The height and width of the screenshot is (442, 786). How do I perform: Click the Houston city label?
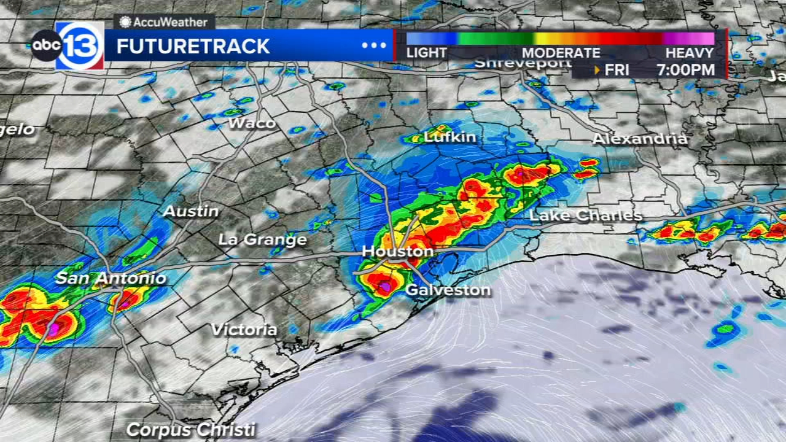tap(397, 252)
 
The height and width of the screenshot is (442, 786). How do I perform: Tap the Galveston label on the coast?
tap(448, 290)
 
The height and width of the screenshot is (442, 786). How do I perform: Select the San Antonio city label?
tap(111, 278)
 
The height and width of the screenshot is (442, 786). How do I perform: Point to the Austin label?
tap(191, 211)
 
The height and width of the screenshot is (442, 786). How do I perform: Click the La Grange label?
tap(262, 239)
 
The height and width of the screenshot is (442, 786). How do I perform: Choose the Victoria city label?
tap(244, 330)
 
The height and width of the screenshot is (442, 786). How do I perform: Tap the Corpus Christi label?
tap(191, 429)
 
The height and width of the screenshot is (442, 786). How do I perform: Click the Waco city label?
tap(252, 123)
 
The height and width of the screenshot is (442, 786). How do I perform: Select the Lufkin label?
tap(450, 137)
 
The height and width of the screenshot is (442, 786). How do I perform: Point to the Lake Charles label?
tap(585, 215)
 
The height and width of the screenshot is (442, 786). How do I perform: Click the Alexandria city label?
tap(639, 139)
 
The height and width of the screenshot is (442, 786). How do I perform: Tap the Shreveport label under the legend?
tap(523, 63)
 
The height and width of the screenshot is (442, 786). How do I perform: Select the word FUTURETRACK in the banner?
tap(193, 47)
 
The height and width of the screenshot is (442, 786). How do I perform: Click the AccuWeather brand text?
tap(163, 22)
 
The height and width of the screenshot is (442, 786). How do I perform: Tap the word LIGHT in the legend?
tap(426, 53)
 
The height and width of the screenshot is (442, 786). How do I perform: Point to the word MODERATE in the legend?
tap(561, 53)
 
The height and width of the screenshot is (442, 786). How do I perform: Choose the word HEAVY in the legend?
tap(690, 53)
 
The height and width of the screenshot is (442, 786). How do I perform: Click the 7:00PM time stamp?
tap(685, 70)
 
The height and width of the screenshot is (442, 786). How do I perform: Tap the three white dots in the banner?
tap(373, 45)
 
